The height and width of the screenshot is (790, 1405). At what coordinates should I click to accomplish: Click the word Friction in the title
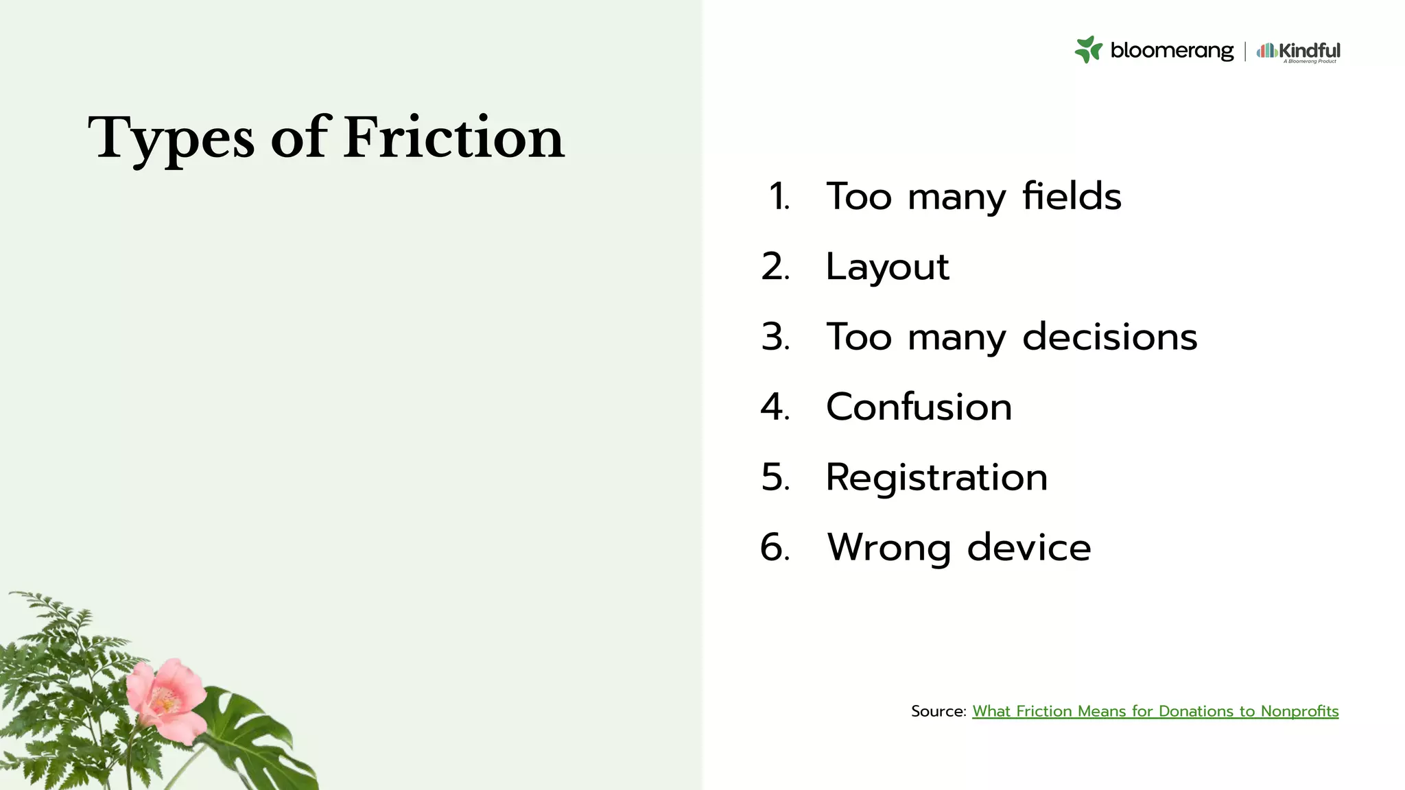tap(453, 138)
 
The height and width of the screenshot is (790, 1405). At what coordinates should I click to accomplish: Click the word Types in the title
tap(172, 138)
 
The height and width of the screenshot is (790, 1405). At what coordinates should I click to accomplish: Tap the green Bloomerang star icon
tap(1088, 49)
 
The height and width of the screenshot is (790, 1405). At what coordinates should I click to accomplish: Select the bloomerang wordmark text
tap(1172, 50)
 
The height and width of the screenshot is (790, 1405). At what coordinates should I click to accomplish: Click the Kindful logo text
tap(1309, 50)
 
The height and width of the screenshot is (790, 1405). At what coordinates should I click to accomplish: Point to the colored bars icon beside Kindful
tap(1266, 50)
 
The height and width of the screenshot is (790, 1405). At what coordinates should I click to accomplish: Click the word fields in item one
tap(1072, 196)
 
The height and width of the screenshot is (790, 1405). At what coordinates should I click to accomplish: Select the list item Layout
tap(887, 267)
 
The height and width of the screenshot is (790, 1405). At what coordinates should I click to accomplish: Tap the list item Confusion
tap(919, 407)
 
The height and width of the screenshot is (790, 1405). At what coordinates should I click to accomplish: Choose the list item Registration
tap(936, 477)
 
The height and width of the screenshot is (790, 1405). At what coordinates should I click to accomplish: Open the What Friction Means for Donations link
tap(1155, 711)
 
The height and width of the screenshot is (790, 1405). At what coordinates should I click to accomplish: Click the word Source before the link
tap(938, 711)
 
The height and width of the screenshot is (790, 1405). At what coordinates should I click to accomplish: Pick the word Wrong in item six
tap(888, 547)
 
